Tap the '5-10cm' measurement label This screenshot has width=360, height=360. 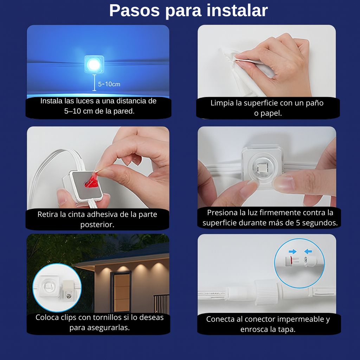point(109,84)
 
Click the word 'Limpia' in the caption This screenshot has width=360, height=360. point(221,103)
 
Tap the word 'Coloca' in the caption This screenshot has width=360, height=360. point(47,317)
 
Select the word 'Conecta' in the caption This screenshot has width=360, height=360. point(219,319)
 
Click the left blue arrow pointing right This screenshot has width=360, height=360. point(292,251)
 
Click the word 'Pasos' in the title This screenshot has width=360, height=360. point(134,11)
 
